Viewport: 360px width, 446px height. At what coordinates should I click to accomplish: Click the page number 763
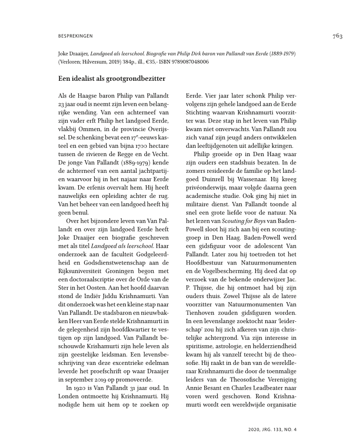click(337, 36)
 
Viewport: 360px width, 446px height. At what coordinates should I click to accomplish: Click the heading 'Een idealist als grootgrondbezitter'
click(112, 78)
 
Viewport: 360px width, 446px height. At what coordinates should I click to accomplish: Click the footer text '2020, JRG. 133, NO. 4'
click(272, 429)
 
